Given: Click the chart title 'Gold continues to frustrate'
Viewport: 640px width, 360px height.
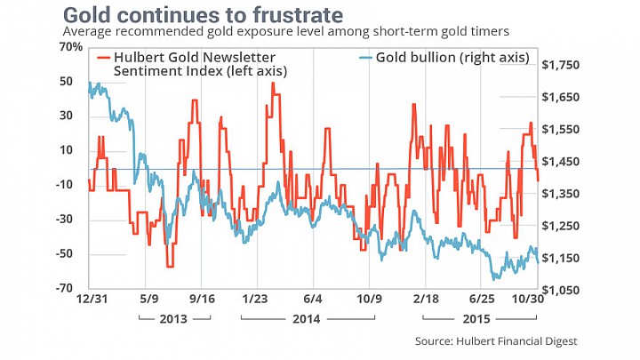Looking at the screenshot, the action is pyautogui.click(x=203, y=15).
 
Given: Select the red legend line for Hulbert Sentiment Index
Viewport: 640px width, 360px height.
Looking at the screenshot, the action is pyautogui.click(x=103, y=57).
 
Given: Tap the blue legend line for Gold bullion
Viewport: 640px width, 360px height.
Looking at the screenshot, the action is pyautogui.click(x=365, y=57).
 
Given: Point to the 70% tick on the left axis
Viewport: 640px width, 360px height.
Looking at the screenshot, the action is pyautogui.click(x=71, y=47).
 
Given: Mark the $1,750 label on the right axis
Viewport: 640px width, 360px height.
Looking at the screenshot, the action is pyautogui.click(x=560, y=65).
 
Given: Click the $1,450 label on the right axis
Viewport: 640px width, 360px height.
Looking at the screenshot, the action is pyautogui.click(x=560, y=162).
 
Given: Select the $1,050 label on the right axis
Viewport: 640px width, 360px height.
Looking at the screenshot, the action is pyautogui.click(x=560, y=290).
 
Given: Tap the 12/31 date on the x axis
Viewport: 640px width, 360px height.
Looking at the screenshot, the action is pyautogui.click(x=92, y=299).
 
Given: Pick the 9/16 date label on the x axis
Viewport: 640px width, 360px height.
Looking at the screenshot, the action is pyautogui.click(x=202, y=299).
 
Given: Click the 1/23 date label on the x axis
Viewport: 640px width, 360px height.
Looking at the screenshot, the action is pyautogui.click(x=255, y=299).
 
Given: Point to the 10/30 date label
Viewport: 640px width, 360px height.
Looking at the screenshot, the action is pyautogui.click(x=528, y=299).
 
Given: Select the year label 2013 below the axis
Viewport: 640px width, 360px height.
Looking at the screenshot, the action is pyautogui.click(x=173, y=319).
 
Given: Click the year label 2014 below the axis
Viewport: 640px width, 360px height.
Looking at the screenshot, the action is pyautogui.click(x=307, y=319).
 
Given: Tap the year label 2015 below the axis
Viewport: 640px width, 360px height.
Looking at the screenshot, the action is pyautogui.click(x=476, y=319).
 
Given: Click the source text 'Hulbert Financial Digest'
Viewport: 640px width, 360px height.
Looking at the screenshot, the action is pyautogui.click(x=516, y=341).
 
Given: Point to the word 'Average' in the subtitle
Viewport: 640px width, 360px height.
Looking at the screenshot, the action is pyautogui.click(x=84, y=31).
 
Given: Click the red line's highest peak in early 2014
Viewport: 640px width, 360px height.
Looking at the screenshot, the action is pyautogui.click(x=273, y=83).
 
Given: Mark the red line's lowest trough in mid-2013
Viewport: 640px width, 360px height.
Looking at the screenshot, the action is pyautogui.click(x=170, y=267).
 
